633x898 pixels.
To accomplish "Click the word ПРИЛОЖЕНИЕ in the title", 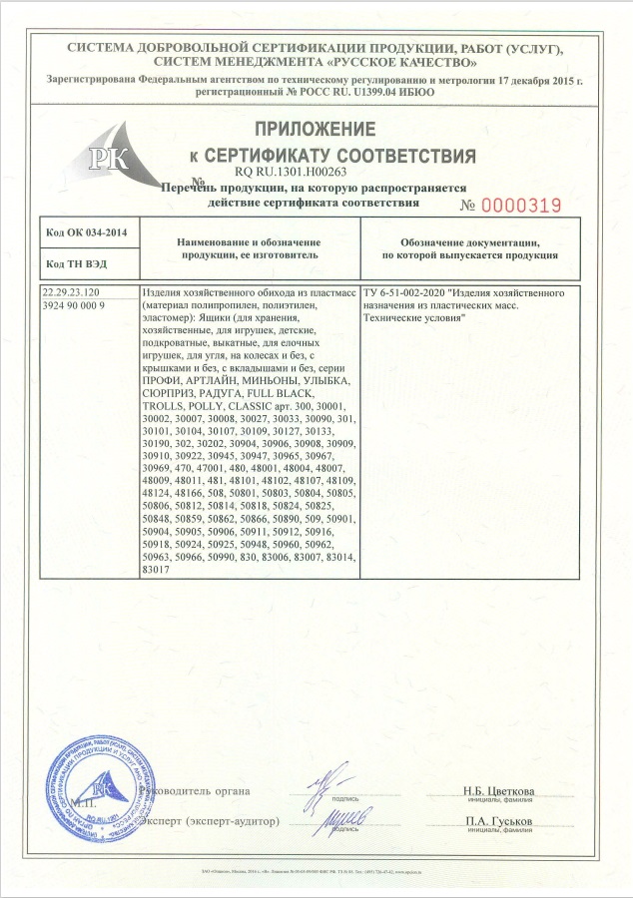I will (316, 130).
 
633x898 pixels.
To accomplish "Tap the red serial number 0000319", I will (522, 206).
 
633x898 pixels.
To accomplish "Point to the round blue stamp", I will (88, 789).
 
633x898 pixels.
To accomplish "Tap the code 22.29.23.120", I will (73, 293).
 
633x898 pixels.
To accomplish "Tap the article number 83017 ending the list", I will (158, 569).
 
